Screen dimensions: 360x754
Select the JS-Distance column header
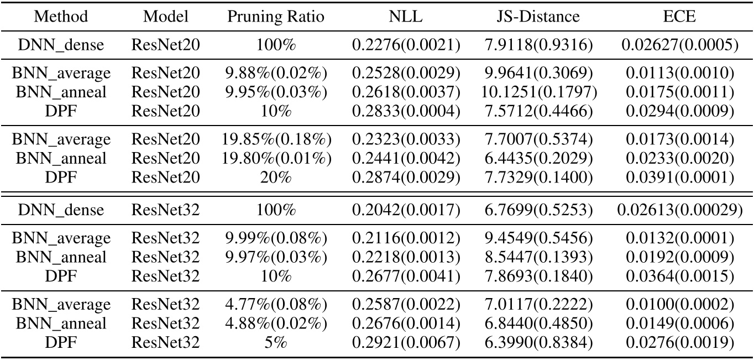pos(538,16)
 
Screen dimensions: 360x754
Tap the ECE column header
pos(680,16)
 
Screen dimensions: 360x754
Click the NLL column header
pos(405,16)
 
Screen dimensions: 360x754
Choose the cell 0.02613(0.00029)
pos(680,210)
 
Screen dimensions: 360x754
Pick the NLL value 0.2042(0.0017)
pos(405,210)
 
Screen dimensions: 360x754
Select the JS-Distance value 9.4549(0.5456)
pos(538,238)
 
